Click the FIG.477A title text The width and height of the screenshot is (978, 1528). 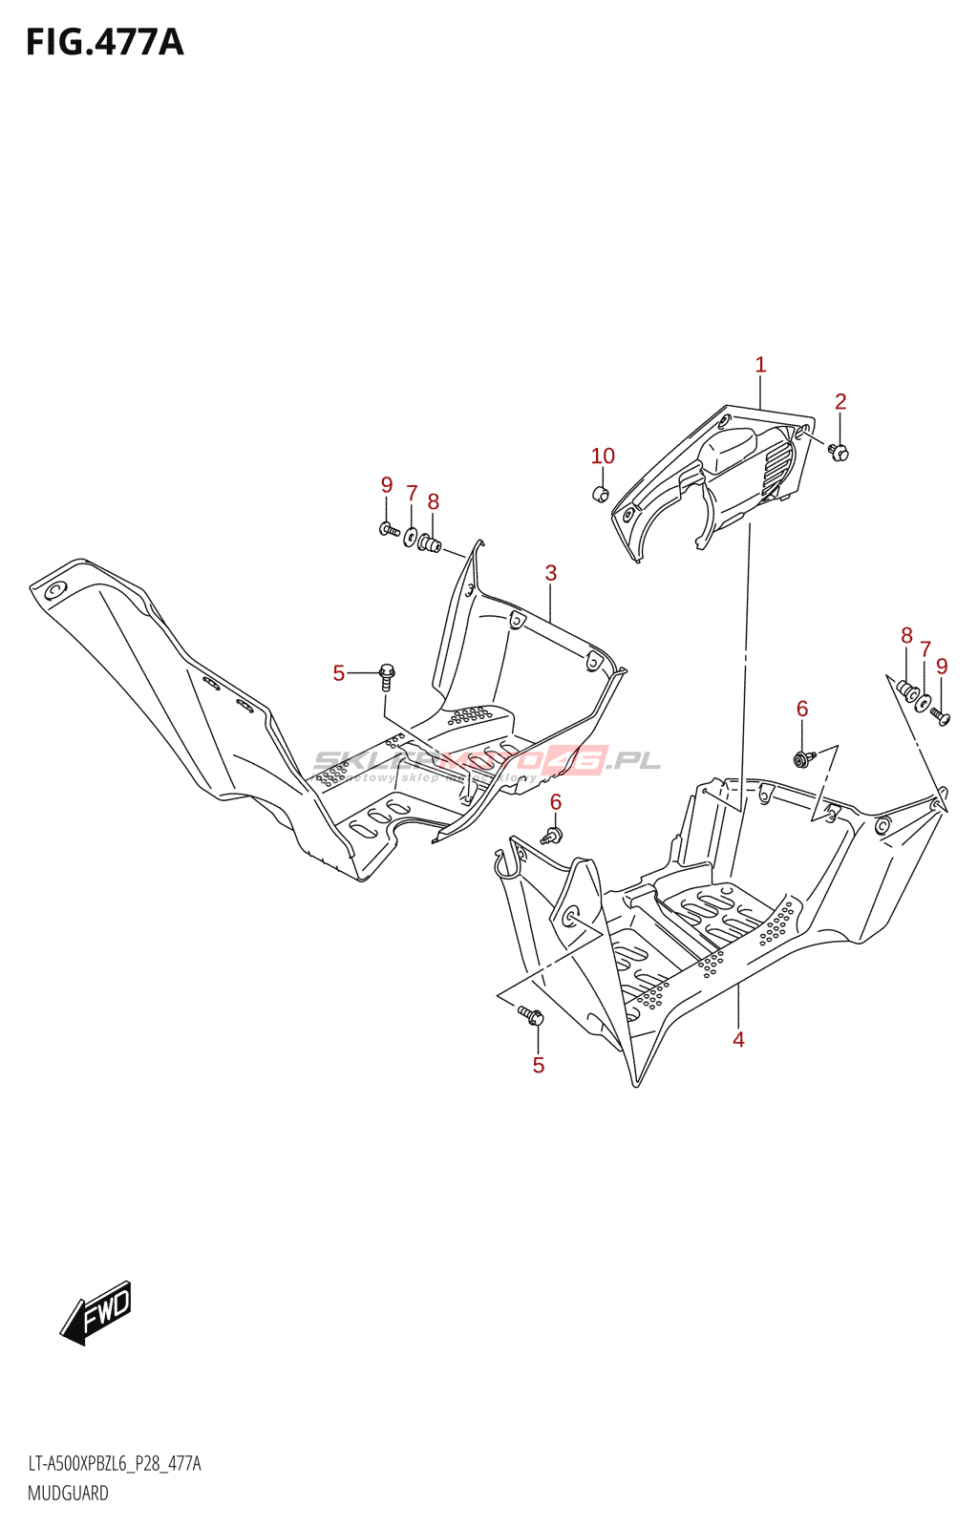104,43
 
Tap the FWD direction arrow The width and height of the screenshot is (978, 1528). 96,1312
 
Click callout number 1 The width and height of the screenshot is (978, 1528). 760,365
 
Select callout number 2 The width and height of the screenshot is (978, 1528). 840,402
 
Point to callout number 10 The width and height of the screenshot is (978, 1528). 603,456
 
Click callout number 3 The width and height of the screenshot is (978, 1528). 551,573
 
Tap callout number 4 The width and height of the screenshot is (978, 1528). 738,1039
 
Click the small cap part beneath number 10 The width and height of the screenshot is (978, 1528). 601,494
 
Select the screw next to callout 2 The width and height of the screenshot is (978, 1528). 839,452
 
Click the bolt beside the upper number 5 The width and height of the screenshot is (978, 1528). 387,675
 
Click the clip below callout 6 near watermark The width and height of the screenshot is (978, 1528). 551,836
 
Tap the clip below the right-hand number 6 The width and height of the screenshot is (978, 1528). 802,759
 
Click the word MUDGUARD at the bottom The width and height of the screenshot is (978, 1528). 68,1493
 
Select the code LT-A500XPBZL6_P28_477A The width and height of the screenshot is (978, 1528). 114,1464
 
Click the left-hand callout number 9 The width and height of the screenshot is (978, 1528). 387,485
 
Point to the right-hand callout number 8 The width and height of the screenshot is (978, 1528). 906,636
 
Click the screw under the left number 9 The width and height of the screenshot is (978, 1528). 389,528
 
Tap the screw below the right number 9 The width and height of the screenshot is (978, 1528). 940,715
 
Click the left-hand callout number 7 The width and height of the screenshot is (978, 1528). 412,494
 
